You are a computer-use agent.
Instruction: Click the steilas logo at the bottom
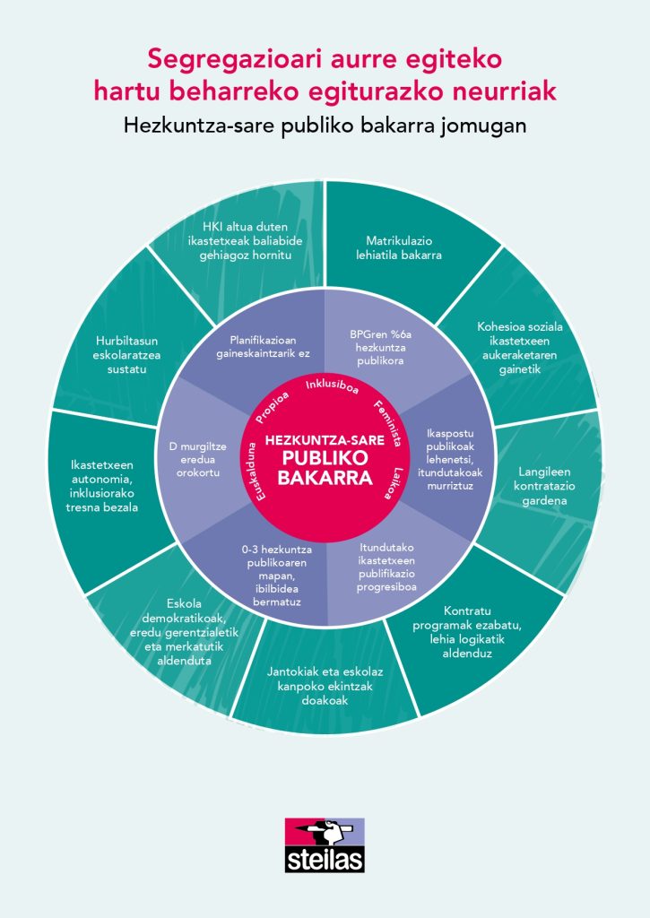(x=325, y=844)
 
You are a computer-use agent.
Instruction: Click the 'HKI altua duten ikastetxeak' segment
(x=247, y=239)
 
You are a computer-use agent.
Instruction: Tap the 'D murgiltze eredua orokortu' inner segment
(x=195, y=458)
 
